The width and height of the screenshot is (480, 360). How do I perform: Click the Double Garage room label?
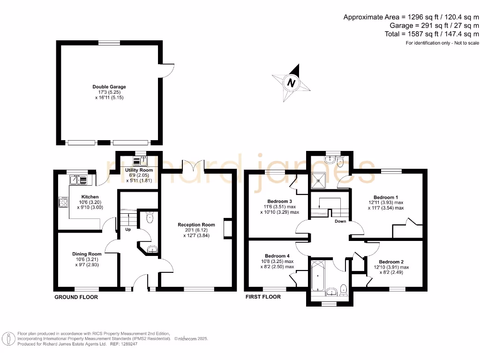point(109,87)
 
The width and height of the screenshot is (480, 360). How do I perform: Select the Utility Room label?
point(139,170)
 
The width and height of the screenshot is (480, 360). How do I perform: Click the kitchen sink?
point(78,179)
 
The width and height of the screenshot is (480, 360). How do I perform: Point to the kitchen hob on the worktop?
point(63,202)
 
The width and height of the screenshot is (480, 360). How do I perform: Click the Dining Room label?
point(86,254)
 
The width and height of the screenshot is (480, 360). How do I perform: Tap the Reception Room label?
point(196,225)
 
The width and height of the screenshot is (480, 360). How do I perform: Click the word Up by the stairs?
point(127,230)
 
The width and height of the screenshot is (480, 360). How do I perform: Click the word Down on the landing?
point(340,221)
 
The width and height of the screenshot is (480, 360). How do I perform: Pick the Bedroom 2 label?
point(391,262)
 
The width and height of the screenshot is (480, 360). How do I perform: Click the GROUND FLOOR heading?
point(76,297)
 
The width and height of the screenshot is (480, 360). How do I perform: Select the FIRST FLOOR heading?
point(263,297)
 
